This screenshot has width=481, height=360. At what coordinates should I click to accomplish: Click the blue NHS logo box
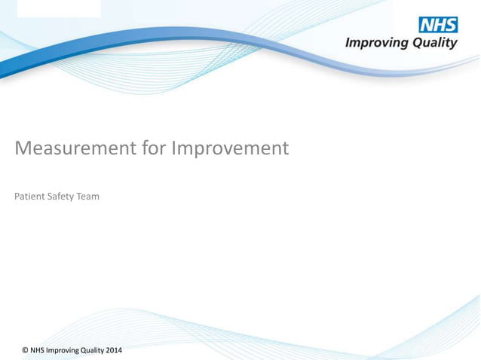pyautogui.click(x=438, y=24)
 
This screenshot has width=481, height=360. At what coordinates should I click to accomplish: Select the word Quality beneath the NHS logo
pyautogui.click(x=434, y=44)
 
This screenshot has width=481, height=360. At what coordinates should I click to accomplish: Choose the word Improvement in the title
pyautogui.click(x=230, y=148)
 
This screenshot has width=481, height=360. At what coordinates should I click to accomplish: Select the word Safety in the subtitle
pyautogui.click(x=62, y=197)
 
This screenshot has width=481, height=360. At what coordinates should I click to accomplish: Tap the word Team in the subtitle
pyautogui.click(x=88, y=197)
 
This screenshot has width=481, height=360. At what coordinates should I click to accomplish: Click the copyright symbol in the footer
pyautogui.click(x=26, y=351)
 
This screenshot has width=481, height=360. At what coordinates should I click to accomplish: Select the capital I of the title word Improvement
pyautogui.click(x=174, y=148)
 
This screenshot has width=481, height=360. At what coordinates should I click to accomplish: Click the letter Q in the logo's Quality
pyautogui.click(x=417, y=44)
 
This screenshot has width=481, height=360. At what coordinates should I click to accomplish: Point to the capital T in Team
pyautogui.click(x=79, y=197)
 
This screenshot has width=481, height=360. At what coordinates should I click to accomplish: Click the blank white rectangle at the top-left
pyautogui.click(x=58, y=8)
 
